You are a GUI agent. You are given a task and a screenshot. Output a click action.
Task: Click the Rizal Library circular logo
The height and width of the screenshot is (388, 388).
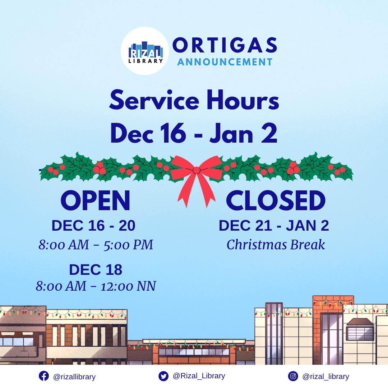coord(144,51)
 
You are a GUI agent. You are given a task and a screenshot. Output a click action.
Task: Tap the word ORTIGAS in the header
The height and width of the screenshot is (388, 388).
coord(225,46)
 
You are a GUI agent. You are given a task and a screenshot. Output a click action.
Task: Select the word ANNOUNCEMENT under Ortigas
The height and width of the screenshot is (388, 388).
coord(225,62)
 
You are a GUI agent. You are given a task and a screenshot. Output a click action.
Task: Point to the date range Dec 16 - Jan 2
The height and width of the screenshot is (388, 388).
coord(194,133)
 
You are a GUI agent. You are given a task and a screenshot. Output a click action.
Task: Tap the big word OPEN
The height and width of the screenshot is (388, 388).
coord(96,201)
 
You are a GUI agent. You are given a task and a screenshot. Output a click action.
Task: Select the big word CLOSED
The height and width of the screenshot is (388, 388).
coord(276,201)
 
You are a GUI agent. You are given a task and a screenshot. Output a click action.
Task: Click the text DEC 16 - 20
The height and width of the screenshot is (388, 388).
coord(93,226)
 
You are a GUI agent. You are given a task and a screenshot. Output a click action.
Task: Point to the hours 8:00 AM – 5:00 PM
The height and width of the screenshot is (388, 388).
coord(96,245)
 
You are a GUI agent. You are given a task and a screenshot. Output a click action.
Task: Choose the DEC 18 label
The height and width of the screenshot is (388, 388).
coord(96,270)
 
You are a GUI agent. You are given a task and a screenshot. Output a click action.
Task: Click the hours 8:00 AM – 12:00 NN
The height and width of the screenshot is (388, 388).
coord(96,286)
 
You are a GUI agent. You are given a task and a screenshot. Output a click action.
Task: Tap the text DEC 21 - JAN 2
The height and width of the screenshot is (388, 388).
coord(274,226)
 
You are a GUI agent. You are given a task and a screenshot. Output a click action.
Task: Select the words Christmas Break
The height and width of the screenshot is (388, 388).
coord(276,245)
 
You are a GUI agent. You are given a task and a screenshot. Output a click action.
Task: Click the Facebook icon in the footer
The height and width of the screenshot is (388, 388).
coord(43,376)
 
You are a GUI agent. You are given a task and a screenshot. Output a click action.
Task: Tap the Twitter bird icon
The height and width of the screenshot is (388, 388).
coord(163,376)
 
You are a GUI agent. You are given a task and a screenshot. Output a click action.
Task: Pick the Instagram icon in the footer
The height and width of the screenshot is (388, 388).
coord(293,376)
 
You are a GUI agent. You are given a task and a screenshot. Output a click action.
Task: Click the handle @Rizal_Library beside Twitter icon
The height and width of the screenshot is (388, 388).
coord(199,376)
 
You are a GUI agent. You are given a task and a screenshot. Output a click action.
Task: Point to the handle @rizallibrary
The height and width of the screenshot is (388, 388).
coord(74,377)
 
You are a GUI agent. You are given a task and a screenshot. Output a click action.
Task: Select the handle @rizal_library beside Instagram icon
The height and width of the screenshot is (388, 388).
coord(325,377)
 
